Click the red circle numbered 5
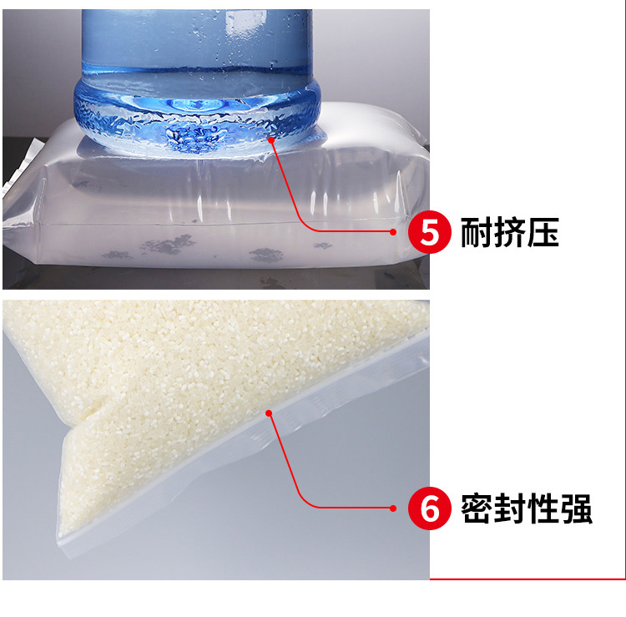(430, 232)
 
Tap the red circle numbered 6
(430, 508)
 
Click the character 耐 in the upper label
(477, 232)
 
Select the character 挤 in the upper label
(509, 232)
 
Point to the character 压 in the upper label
(543, 232)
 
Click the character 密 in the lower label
(477, 508)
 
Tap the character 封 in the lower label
(509, 508)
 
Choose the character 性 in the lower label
(543, 508)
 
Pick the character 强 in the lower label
(576, 508)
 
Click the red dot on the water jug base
(271, 139)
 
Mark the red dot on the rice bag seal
(269, 413)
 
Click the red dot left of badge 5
(393, 231)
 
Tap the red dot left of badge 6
(393, 508)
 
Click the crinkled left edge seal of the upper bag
(21, 168)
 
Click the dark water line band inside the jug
(195, 71)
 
